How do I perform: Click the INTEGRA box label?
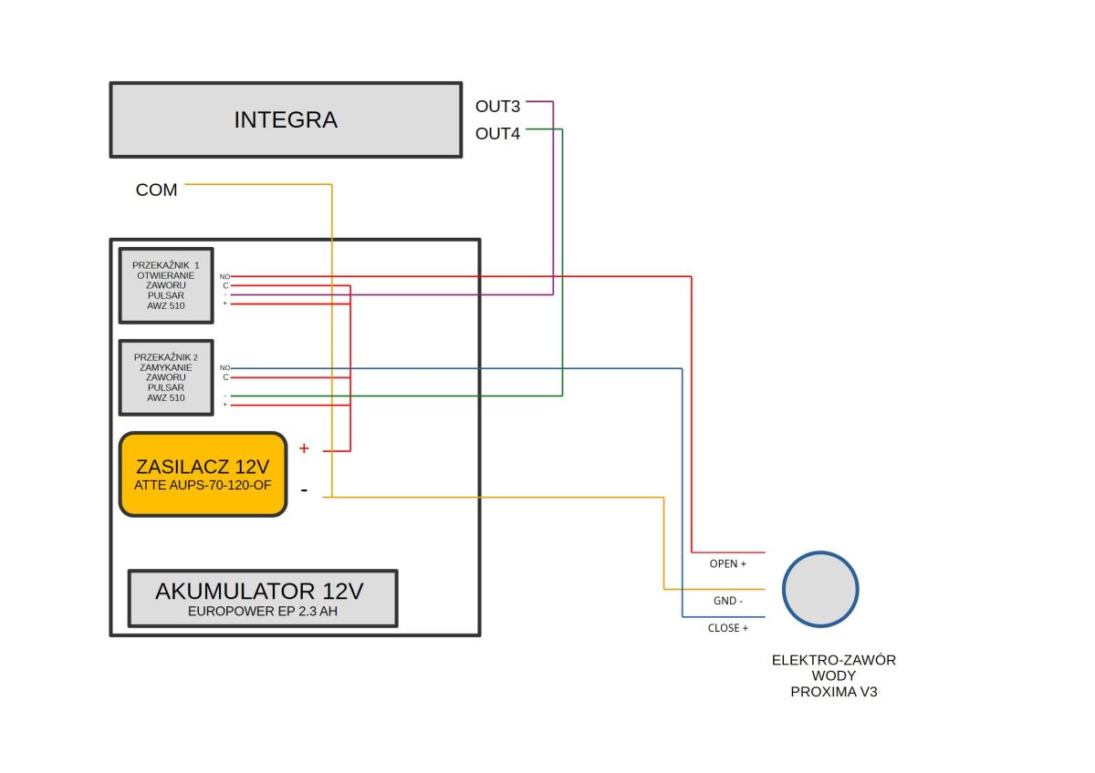[286, 119]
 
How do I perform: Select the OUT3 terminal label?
[497, 107]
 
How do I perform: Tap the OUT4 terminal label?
[497, 134]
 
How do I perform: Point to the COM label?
[156, 190]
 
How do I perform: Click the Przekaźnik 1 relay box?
[166, 285]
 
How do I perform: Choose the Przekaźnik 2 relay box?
[166, 377]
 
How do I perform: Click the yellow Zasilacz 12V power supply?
[203, 474]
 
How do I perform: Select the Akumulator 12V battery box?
[263, 598]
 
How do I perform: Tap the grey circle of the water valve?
[820, 589]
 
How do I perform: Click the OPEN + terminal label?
[728, 563]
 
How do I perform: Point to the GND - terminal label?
[728, 601]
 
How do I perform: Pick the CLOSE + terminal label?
[728, 628]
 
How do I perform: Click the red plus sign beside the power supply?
[304, 448]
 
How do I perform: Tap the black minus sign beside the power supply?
[304, 490]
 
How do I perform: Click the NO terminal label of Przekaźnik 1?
[224, 277]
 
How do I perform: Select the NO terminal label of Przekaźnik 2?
[224, 367]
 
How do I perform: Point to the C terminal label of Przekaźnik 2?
[226, 377]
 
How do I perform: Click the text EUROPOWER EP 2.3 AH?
[263, 612]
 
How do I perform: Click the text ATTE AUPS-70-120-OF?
[203, 485]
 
